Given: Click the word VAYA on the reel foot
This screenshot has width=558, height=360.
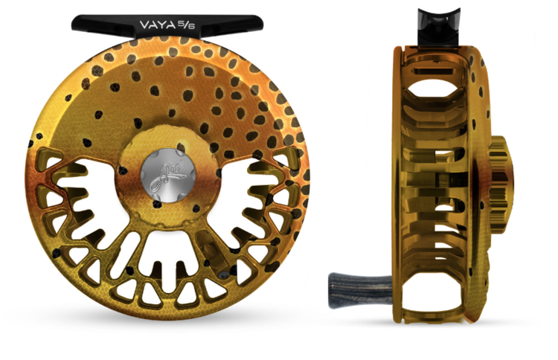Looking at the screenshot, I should [x=158, y=25].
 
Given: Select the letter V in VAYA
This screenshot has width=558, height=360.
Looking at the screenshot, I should [x=144, y=25].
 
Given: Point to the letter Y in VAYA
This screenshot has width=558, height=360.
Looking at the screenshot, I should [x=164, y=25].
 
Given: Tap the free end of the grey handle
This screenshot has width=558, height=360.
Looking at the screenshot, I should [x=333, y=283].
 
